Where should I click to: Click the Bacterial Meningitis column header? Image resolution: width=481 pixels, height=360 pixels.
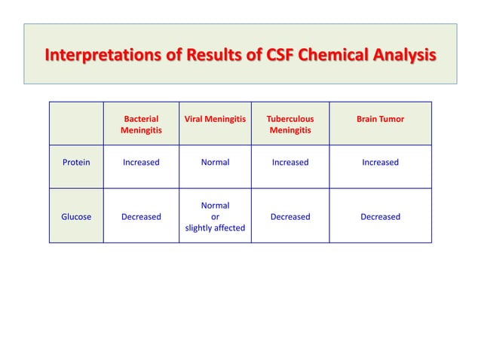click(x=141, y=125)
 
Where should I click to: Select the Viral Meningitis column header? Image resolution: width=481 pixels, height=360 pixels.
click(x=215, y=119)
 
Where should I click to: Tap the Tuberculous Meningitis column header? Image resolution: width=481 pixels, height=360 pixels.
click(x=290, y=125)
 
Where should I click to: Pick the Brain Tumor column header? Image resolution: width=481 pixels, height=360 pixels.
click(x=380, y=119)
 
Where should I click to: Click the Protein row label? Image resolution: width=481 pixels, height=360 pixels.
click(x=76, y=162)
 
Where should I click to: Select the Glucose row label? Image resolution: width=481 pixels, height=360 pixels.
click(x=76, y=217)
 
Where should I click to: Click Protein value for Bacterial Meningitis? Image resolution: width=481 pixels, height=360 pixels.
click(x=141, y=162)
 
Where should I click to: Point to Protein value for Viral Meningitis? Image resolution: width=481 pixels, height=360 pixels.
click(x=215, y=162)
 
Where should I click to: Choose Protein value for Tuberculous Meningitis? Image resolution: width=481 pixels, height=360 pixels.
click(x=290, y=162)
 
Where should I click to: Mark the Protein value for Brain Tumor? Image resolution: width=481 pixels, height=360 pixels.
click(x=380, y=162)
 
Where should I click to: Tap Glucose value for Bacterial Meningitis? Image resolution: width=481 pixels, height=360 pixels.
click(x=141, y=217)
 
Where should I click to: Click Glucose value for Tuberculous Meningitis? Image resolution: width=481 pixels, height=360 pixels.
click(x=290, y=217)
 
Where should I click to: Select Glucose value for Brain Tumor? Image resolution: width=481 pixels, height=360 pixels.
click(x=380, y=217)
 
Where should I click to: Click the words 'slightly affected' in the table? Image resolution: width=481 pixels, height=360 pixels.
click(x=215, y=227)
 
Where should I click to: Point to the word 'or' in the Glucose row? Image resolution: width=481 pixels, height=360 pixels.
click(x=215, y=217)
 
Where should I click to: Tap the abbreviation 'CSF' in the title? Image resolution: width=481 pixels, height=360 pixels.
click(x=274, y=56)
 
